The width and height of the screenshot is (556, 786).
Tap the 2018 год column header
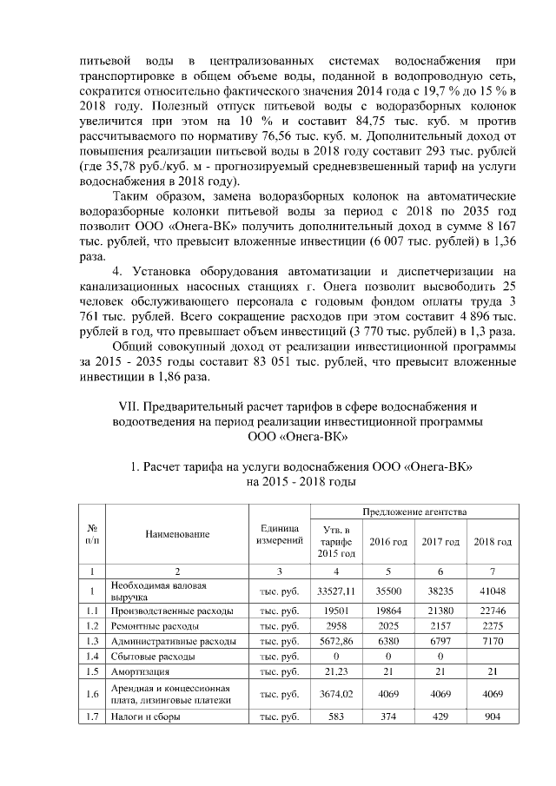[x=492, y=541]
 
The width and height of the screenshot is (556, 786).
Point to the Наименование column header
[x=176, y=534]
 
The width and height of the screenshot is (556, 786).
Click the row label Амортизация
[x=139, y=671]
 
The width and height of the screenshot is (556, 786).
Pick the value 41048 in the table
[x=492, y=591]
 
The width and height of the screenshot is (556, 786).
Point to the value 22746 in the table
[x=492, y=611]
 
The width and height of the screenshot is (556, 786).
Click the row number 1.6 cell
[x=92, y=694]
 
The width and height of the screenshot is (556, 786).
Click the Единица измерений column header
[x=279, y=534]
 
